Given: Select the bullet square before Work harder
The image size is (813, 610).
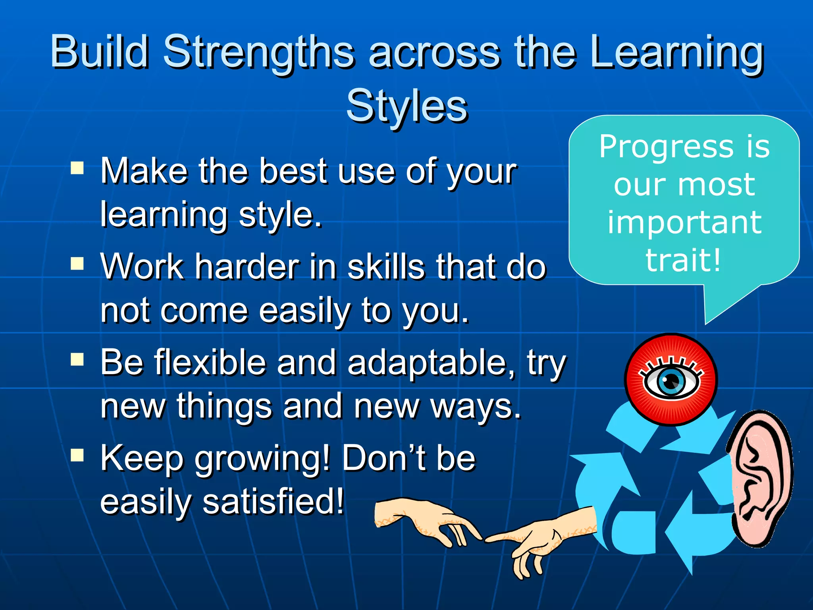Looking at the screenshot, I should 77,263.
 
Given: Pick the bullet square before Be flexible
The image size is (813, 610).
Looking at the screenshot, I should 77,359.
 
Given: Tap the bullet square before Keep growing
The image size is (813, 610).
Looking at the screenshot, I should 77,455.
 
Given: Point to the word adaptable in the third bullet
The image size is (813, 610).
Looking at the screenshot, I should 431,363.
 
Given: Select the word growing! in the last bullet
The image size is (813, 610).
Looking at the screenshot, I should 262,459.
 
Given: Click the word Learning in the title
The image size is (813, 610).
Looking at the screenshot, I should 677,53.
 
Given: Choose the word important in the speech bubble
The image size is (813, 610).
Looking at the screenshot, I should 684,222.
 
